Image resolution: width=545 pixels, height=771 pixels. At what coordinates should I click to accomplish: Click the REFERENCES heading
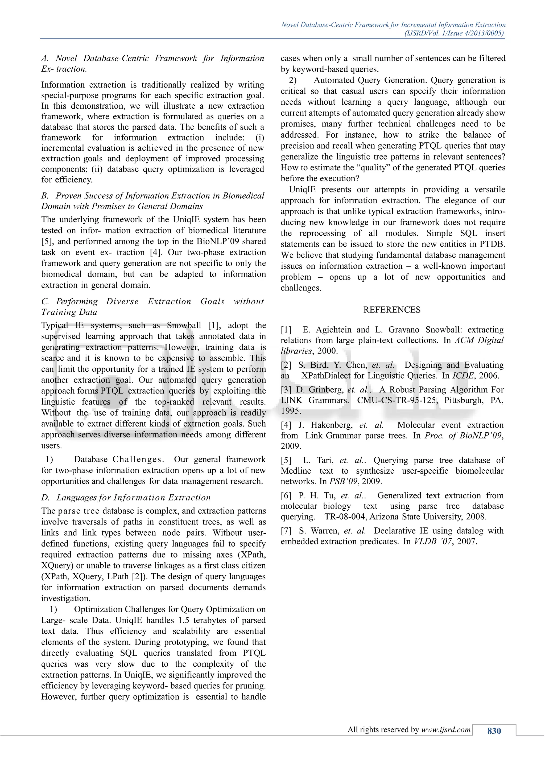pyautogui.click(x=392, y=310)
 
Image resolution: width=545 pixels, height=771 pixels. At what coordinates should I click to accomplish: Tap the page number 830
pyautogui.click(x=494, y=731)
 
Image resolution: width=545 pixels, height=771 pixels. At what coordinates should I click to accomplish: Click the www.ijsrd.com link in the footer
pyautogui.click(x=446, y=730)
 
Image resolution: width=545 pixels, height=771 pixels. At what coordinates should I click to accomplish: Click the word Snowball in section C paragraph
pyautogui.click(x=184, y=325)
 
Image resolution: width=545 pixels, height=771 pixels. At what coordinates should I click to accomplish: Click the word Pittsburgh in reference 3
pyautogui.click(x=463, y=400)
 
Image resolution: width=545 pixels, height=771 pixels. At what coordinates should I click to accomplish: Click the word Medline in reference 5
pyautogui.click(x=296, y=471)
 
